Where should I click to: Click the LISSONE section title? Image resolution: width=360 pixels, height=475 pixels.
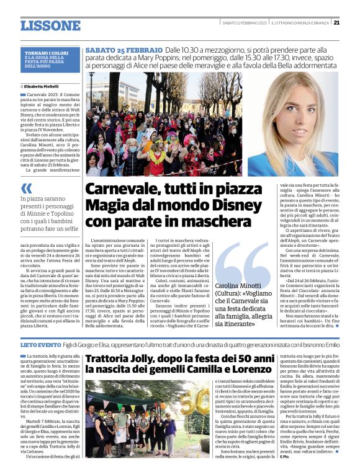click(50, 25)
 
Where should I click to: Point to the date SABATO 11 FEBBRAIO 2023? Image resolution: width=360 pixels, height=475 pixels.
click(241, 23)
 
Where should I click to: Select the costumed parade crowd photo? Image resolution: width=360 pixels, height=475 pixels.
click(163, 124)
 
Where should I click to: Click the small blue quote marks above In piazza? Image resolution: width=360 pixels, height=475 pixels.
click(26, 187)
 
